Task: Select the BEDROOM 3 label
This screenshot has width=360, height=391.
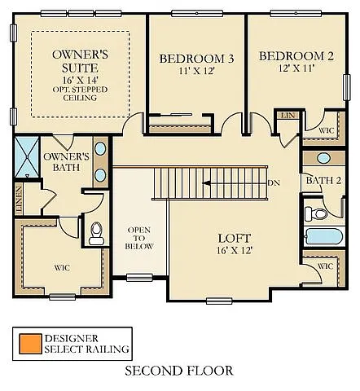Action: coord(196,59)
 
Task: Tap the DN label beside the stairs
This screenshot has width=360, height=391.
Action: coord(274,182)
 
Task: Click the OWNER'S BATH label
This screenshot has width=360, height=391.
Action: coord(66,161)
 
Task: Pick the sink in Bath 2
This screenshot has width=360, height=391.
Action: coord(323,157)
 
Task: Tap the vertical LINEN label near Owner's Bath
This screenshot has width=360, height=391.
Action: coord(19,201)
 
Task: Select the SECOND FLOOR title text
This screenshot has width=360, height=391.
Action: coord(179,371)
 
